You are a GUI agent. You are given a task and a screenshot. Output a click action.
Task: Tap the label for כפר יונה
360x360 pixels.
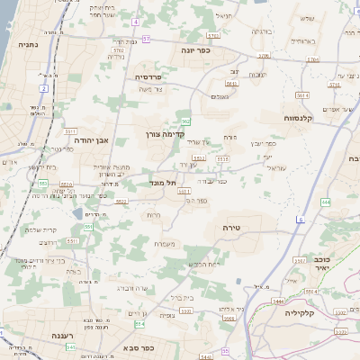tap(193, 51)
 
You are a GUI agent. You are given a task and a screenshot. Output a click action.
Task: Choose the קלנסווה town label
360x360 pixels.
tap(298, 117)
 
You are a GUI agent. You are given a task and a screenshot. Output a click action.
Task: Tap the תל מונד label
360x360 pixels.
tap(162, 183)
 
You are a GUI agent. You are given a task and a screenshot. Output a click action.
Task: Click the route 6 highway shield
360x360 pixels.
tap(301, 219)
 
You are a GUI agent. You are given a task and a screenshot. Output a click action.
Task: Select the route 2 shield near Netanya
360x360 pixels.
tap(43, 89)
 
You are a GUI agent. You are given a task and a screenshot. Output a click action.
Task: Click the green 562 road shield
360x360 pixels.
tap(184, 121)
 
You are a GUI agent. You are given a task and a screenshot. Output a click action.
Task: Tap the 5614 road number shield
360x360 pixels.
tap(313, 59)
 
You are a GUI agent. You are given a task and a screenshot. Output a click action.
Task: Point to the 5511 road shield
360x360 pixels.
tap(69, 130)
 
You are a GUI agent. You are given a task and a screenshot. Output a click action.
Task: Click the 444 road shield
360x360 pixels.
tap(325, 202)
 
